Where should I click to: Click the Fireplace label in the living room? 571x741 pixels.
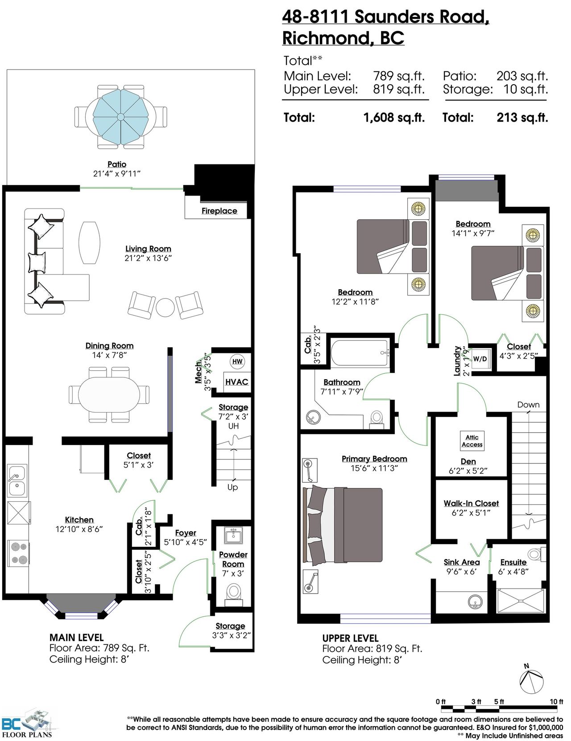219,211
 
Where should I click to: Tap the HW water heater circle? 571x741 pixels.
237,361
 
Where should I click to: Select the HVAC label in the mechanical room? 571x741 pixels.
236,381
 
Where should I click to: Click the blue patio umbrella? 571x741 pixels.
120,117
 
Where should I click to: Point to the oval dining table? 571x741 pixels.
109,394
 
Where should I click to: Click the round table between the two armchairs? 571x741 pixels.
166,307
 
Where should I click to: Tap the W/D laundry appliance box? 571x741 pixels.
480,359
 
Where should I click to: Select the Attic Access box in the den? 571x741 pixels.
472,441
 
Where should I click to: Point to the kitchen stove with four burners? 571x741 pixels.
18,553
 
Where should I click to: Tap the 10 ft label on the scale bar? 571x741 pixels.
556,701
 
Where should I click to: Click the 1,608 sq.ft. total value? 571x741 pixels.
394,118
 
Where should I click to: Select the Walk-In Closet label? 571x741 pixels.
471,504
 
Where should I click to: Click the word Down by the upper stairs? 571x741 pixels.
528,405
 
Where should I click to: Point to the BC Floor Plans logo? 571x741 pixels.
27,723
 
